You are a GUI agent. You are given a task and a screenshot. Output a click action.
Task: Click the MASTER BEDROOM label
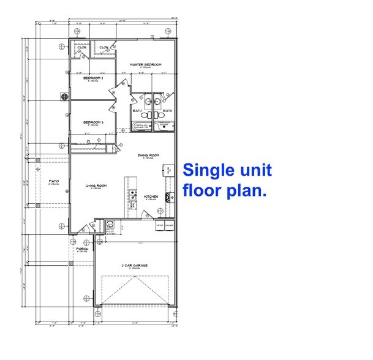(145, 64)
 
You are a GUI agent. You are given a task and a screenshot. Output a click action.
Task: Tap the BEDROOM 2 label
(94, 78)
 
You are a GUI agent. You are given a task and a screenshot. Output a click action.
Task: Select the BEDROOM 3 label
(94, 122)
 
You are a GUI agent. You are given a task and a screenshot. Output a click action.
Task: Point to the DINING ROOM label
(149, 156)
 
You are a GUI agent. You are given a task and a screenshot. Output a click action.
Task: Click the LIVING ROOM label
(96, 186)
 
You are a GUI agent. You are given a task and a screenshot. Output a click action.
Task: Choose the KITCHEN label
(151, 197)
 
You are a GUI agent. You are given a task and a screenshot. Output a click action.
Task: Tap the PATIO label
(53, 182)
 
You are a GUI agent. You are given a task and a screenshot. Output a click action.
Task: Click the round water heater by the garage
(111, 224)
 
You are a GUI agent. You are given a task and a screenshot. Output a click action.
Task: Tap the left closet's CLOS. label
(81, 47)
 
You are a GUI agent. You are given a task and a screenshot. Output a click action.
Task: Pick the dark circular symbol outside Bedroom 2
(64, 96)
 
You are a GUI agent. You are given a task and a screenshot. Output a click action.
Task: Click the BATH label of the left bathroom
(137, 111)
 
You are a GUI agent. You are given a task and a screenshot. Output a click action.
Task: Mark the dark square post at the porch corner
(70, 263)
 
